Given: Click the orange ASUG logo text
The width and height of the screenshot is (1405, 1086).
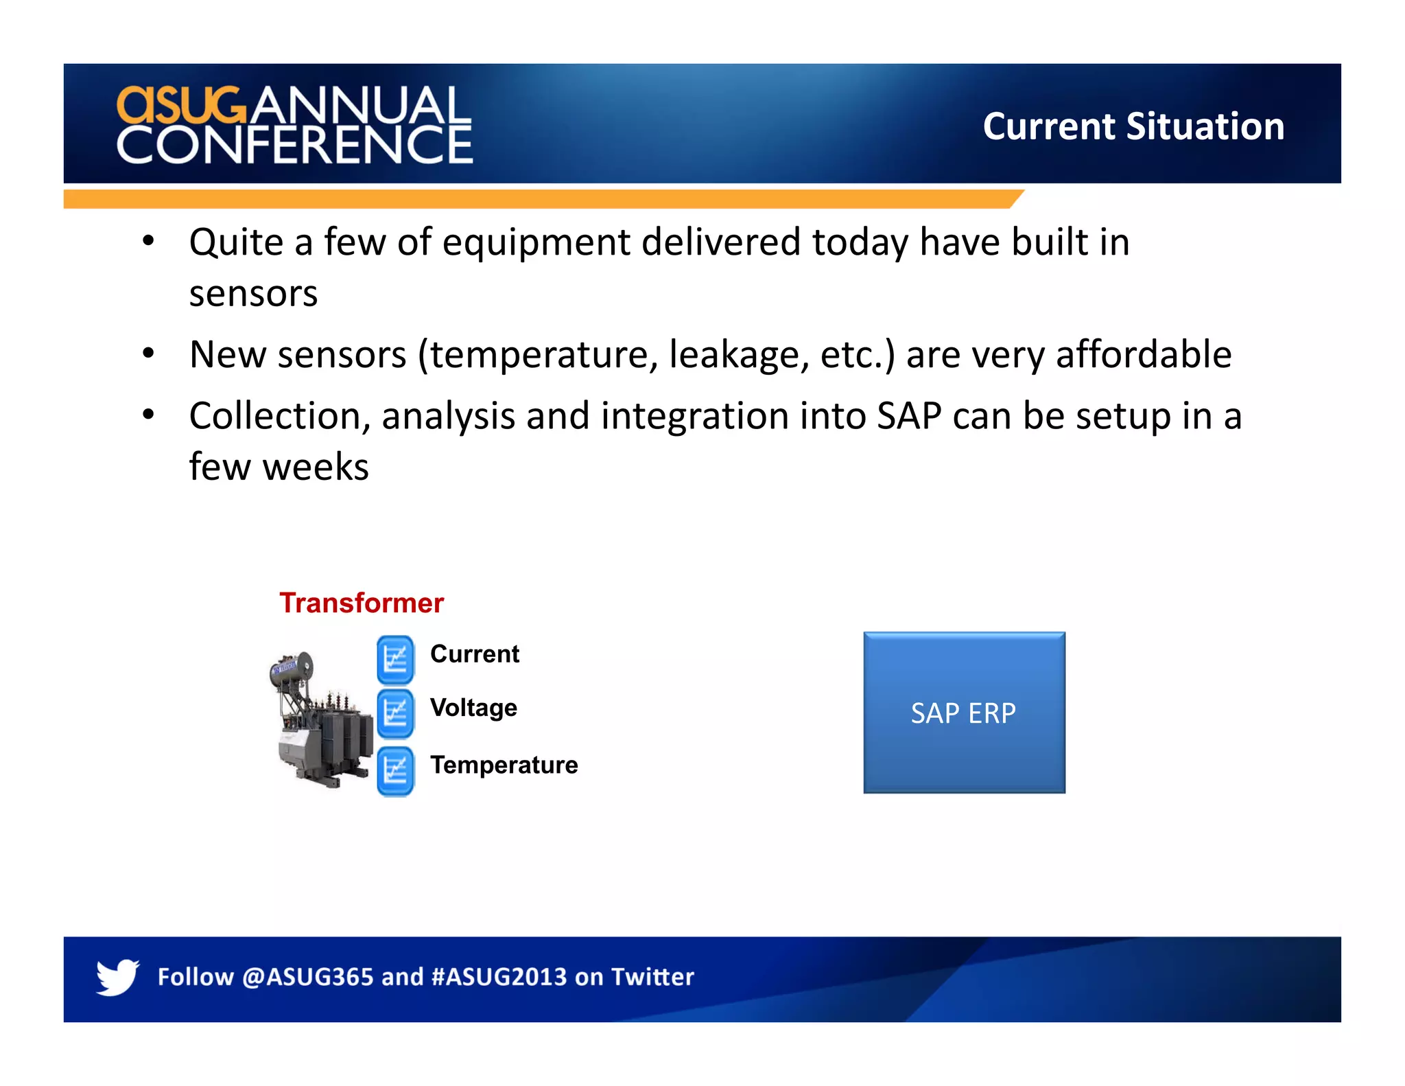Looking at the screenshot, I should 180,105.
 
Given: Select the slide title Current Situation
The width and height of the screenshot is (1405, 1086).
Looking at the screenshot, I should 1133,126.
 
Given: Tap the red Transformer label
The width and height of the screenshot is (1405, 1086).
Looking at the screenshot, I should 362,603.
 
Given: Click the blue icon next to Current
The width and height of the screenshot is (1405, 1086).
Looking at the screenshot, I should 395,659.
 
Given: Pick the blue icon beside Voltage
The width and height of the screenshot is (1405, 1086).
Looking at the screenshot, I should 395,713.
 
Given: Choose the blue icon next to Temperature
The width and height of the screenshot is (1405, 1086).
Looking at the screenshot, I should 395,770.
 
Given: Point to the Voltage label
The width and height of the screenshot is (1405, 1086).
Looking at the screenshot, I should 473,708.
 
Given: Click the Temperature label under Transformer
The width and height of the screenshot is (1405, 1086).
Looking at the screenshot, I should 504,765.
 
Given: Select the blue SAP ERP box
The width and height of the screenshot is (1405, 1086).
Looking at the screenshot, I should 964,713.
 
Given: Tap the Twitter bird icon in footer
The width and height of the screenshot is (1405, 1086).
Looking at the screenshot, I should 117,976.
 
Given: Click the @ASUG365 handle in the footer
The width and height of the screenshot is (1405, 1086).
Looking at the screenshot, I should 307,976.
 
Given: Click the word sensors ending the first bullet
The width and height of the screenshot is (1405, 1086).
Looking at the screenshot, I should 253,294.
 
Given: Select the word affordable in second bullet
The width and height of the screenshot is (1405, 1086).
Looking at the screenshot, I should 1143,354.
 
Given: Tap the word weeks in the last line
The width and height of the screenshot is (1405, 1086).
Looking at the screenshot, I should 316,467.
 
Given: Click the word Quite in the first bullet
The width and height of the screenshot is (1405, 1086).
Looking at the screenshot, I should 236,242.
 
